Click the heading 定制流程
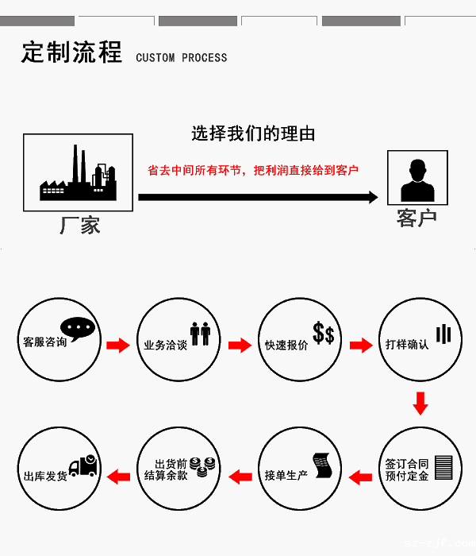click(x=71, y=53)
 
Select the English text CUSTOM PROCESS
click(x=181, y=58)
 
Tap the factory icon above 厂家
click(x=78, y=173)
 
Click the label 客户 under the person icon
click(x=416, y=218)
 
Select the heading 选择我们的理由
click(x=253, y=133)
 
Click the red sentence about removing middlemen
click(x=253, y=170)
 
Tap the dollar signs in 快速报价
click(x=324, y=334)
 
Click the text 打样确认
click(x=407, y=345)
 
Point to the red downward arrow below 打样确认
click(x=420, y=403)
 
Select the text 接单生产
click(x=286, y=476)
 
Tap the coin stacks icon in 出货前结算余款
click(x=204, y=467)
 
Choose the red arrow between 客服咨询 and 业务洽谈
click(x=117, y=346)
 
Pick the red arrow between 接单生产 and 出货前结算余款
click(x=240, y=477)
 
